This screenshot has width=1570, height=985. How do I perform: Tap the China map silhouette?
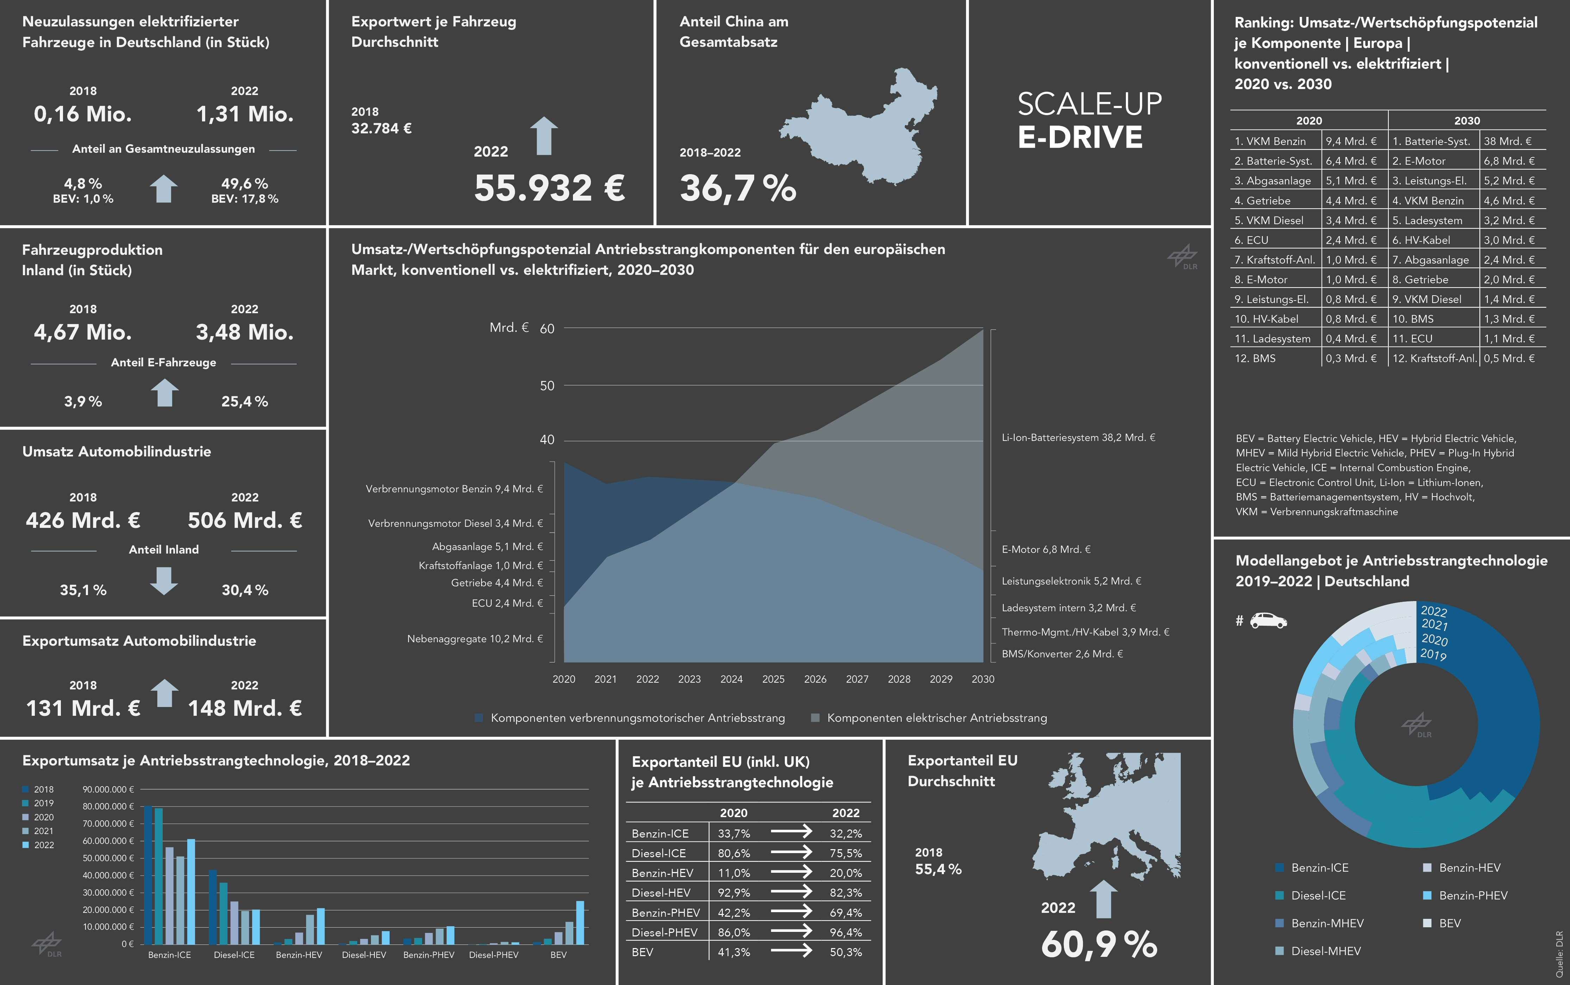(866, 127)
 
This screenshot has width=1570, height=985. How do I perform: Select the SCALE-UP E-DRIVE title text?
(1089, 120)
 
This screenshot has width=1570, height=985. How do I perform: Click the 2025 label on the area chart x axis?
(773, 679)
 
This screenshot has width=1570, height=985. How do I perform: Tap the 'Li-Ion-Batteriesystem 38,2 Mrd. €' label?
(1078, 438)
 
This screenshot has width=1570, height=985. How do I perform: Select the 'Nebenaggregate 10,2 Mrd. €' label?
(475, 638)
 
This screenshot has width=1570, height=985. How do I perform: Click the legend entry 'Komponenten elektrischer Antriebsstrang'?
(936, 718)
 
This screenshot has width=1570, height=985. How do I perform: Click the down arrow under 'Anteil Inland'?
(164, 580)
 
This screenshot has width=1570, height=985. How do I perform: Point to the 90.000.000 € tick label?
(108, 790)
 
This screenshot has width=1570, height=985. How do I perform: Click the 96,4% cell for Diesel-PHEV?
(846, 932)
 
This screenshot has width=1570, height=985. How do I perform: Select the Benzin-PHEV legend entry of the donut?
(1472, 896)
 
